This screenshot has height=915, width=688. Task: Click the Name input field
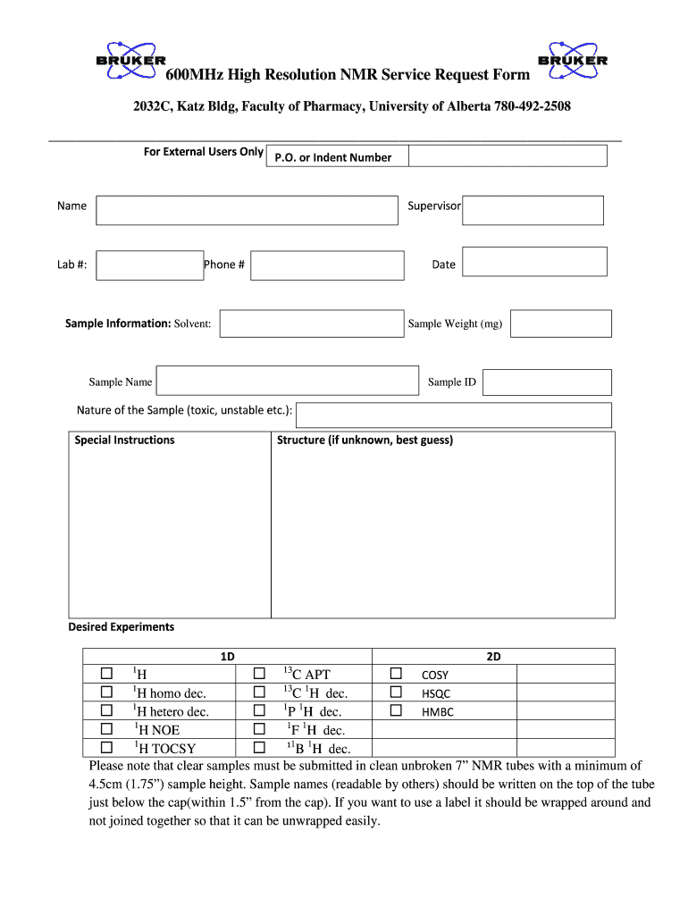coord(246,210)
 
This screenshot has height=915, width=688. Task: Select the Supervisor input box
coord(533,210)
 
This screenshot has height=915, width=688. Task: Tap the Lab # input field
coord(149,265)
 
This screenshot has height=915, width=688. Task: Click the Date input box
coord(534,262)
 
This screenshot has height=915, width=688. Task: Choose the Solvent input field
coord(311,323)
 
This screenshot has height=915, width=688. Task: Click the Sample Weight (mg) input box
coord(560,323)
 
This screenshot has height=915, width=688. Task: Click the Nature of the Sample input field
coord(454,415)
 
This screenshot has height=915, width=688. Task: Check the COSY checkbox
coord(396,674)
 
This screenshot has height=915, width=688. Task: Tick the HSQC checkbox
coord(396,693)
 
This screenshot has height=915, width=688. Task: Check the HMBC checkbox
coord(396,711)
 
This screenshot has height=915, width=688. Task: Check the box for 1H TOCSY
coord(106,748)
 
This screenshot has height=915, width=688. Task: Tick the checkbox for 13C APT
coord(259,674)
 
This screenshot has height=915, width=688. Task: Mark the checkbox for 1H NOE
coord(106,729)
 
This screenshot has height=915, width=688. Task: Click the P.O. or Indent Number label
coord(338,157)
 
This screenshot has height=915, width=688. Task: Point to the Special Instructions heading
coord(124,440)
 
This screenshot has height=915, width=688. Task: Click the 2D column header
coord(493,656)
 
